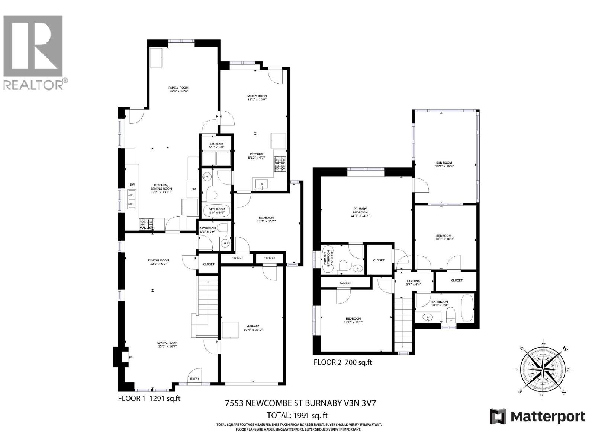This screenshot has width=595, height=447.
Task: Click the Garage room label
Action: click(253, 328)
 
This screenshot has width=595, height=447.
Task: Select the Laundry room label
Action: click(216, 145)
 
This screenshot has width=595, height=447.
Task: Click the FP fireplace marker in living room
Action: click(131, 358)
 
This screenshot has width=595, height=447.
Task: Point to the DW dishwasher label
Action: click(132, 185)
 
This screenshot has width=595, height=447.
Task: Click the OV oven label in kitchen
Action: click(193, 189)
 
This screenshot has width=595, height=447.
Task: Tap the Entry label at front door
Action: click(194, 378)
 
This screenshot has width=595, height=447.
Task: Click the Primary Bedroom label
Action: click(360, 212)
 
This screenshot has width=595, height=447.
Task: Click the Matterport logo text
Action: click(537, 416)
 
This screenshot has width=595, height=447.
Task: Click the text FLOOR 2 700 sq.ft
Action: click(342, 362)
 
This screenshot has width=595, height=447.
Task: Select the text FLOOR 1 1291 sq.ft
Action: click(149, 398)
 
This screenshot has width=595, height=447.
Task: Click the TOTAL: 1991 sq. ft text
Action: click(297, 415)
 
